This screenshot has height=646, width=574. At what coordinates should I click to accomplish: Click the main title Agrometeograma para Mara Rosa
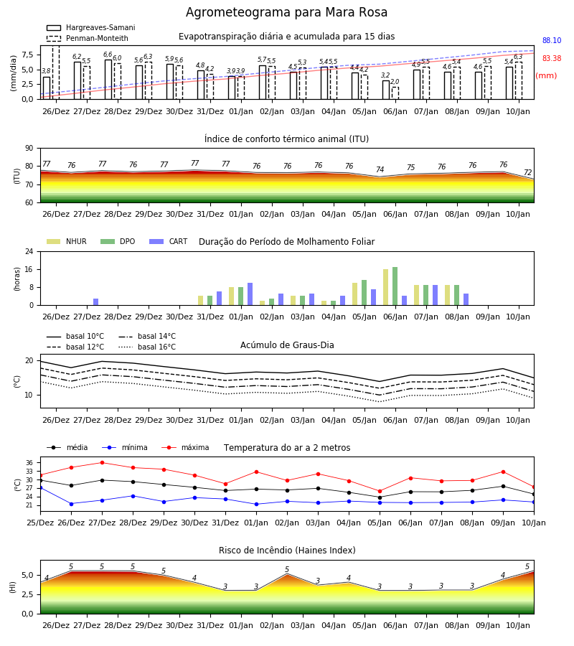click(x=286, y=12)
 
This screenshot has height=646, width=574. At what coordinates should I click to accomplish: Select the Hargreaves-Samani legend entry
click(x=91, y=27)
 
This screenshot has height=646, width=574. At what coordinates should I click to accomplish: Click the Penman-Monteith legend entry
click(x=88, y=38)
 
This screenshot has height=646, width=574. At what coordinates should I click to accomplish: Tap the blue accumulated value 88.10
click(x=552, y=40)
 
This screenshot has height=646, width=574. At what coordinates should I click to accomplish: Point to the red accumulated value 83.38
click(x=552, y=59)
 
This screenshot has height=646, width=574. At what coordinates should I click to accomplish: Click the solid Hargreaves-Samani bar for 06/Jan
click(x=386, y=90)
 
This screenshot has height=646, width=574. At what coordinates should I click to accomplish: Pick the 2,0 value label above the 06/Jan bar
click(x=395, y=82)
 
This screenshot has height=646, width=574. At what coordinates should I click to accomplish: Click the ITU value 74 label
click(x=380, y=169)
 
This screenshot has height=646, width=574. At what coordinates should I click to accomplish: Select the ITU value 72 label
click(x=527, y=172)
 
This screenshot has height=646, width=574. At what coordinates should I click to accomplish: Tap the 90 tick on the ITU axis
click(x=29, y=149)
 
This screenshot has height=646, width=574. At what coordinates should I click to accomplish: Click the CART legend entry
click(x=169, y=241)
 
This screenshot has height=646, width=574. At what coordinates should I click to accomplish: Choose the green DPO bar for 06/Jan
click(x=395, y=286)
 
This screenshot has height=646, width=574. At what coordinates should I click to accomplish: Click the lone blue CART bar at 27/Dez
click(x=96, y=302)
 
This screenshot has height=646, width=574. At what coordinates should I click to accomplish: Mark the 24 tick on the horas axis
click(x=29, y=251)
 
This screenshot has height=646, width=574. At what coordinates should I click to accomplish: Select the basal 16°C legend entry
click(x=147, y=347)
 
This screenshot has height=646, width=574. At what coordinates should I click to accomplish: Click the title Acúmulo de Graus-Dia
click(x=287, y=345)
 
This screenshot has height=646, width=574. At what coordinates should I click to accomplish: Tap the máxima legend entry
click(x=186, y=447)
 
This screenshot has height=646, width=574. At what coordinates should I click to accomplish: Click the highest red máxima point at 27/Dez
click(x=102, y=463)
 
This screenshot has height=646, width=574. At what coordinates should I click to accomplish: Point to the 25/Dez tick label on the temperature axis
click(x=40, y=523)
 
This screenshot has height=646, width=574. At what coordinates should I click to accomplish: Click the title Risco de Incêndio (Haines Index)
click(x=287, y=551)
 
